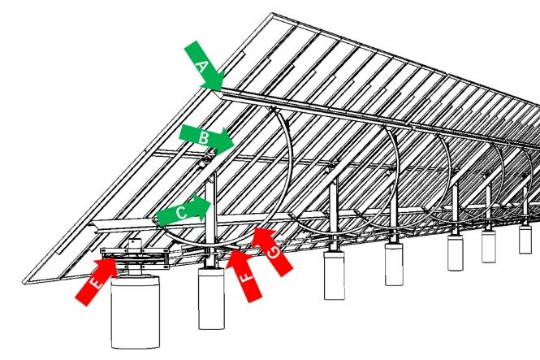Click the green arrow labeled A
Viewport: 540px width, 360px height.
205,66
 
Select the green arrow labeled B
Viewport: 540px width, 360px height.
206,139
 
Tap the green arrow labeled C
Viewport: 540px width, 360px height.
184,210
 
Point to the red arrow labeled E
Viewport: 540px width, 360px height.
96,280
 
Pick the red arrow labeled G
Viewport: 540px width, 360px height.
272,251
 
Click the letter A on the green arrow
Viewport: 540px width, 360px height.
202,66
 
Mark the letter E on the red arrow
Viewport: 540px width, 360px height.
97,284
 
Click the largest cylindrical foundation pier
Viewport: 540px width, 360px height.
136,311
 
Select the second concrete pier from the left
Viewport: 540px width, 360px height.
211,298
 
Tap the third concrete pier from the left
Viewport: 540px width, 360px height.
334,275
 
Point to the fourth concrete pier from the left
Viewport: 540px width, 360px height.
394,264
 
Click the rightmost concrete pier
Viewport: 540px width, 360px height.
525,239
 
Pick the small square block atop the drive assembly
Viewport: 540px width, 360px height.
135,243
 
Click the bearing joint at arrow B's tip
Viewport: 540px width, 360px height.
206,159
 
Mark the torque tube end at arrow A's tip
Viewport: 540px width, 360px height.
219,93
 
